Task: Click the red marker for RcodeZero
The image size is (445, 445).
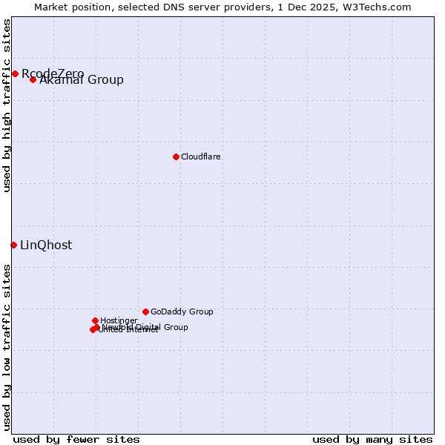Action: (15, 73)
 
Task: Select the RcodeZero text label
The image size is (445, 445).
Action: (53, 73)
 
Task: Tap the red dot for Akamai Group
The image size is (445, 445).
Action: (33, 79)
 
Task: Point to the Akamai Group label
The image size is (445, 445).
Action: (82, 80)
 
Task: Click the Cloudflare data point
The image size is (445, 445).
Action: (176, 156)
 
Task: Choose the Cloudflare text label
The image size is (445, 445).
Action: (201, 156)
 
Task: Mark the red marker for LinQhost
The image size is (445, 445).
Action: (13, 245)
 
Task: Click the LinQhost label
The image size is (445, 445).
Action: (46, 245)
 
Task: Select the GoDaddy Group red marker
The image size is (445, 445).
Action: (145, 311)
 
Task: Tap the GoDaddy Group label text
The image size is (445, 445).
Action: (182, 312)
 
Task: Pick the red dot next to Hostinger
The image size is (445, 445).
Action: (95, 320)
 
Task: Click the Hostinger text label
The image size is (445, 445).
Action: (119, 321)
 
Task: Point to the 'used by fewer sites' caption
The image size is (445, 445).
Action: (76, 439)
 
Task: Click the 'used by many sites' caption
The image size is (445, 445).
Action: (372, 439)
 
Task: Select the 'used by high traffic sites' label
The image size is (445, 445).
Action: (7, 105)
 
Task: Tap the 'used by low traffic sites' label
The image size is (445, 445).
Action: (7, 346)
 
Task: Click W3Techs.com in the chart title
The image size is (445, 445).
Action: (385, 7)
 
